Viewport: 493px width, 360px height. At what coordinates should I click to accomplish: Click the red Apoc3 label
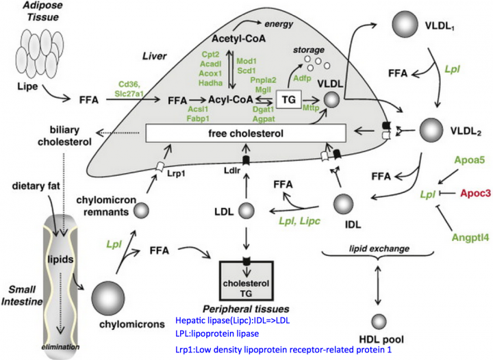click(475, 193)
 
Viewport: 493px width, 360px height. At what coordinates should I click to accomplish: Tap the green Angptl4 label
click(470, 237)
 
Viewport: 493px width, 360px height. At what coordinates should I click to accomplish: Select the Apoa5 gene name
click(470, 160)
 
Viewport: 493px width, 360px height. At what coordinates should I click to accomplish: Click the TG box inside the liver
click(289, 99)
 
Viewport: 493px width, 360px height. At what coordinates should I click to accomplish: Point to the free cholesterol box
click(246, 133)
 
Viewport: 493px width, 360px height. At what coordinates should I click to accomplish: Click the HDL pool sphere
click(379, 322)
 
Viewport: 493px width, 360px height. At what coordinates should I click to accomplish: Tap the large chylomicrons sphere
click(108, 298)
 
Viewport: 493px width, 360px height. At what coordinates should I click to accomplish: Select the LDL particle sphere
click(246, 211)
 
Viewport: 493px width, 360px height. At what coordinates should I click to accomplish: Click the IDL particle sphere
click(343, 204)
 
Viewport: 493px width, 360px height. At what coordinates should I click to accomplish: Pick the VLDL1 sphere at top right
click(405, 24)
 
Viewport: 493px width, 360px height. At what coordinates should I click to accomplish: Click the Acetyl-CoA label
click(239, 38)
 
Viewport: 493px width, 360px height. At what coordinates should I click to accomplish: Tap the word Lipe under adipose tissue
click(27, 86)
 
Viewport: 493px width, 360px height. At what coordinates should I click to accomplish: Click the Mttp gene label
click(311, 108)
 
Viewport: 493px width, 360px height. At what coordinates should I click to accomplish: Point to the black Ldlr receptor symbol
click(246, 160)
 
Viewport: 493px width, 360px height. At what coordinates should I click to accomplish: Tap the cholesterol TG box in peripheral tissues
click(246, 281)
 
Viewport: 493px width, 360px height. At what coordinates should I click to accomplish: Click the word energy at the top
click(279, 24)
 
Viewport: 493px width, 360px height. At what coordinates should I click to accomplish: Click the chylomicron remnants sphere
click(141, 211)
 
